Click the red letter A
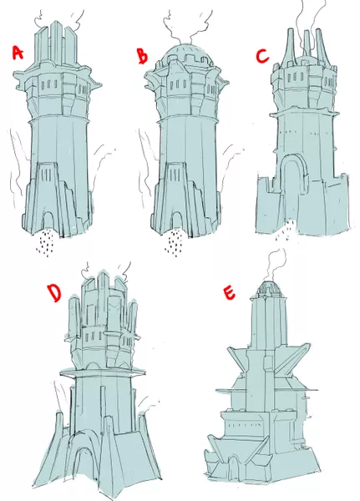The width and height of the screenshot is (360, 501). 18,53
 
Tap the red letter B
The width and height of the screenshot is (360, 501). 143,56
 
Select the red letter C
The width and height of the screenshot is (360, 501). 262,57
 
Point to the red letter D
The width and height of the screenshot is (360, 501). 53,293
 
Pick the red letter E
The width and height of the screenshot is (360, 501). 228,293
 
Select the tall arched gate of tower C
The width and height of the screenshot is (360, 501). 292,189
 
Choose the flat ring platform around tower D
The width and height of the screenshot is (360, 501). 103,372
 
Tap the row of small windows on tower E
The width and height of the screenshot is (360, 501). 245,425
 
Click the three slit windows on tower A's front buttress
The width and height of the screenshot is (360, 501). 47,175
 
